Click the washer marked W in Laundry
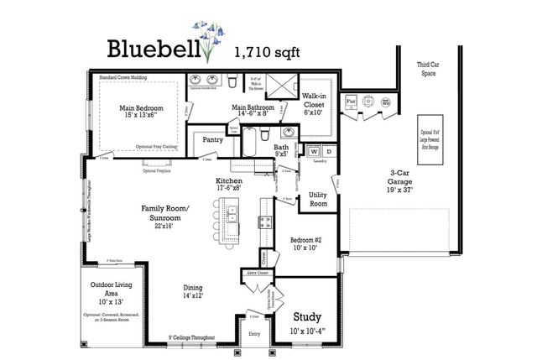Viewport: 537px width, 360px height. point(315,152)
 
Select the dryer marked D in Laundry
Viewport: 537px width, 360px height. point(328,152)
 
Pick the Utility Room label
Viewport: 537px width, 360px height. point(319,198)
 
